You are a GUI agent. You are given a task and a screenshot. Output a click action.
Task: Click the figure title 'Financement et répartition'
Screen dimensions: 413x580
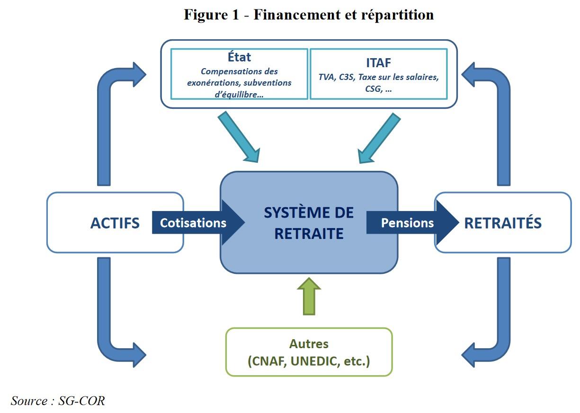point(343,15)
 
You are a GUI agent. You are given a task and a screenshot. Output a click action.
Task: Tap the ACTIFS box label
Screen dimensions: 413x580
point(115,223)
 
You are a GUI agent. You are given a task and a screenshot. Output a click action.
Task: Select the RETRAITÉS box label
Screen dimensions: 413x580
point(503,223)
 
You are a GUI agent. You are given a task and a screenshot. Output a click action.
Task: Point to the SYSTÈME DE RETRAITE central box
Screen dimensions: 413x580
point(309,222)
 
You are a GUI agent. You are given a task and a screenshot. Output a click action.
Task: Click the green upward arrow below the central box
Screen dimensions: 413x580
point(309,296)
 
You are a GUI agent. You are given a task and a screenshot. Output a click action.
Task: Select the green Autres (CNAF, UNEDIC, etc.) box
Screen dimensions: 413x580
point(309,352)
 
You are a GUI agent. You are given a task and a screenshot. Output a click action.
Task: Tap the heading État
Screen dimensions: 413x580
point(239,57)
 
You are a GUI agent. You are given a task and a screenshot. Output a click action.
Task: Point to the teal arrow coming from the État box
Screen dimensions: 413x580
point(239,137)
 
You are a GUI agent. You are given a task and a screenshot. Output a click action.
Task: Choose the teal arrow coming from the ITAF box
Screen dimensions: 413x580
point(378,137)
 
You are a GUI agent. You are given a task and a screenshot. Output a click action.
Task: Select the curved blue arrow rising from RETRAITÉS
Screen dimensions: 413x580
point(502,118)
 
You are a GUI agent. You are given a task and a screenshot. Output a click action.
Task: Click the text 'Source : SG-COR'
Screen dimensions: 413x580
point(58,401)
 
